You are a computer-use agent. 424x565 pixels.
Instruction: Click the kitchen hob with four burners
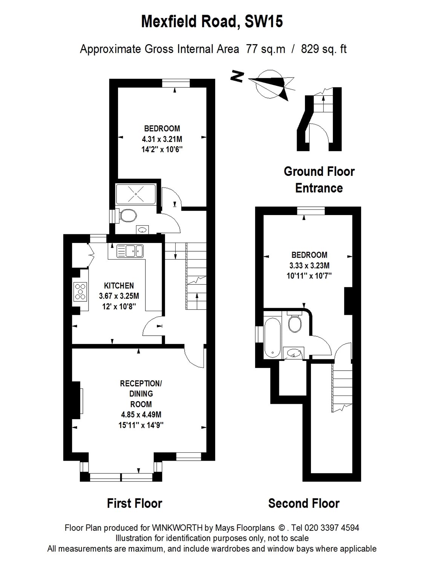pyautogui.click(x=80, y=292)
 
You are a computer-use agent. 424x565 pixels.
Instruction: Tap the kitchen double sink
pyautogui.click(x=130, y=250)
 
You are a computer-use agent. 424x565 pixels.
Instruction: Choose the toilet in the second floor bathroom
pyautogui.click(x=294, y=322)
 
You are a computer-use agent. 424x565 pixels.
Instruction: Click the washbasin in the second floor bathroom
pyautogui.click(x=293, y=353)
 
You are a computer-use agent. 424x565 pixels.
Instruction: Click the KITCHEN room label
pyautogui.click(x=119, y=286)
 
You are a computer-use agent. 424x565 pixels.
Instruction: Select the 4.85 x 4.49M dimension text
pyautogui.click(x=141, y=415)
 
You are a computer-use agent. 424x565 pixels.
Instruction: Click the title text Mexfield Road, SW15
pyautogui.click(x=212, y=22)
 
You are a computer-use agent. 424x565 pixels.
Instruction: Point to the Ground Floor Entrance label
pyautogui.click(x=319, y=180)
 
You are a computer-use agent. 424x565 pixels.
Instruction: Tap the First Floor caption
pyautogui.click(x=135, y=503)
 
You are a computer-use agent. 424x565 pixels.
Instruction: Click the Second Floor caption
pyautogui.click(x=304, y=503)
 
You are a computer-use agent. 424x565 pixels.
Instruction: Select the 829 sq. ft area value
pyautogui.click(x=324, y=49)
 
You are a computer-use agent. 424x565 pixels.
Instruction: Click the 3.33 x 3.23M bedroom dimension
pyautogui.click(x=309, y=265)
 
